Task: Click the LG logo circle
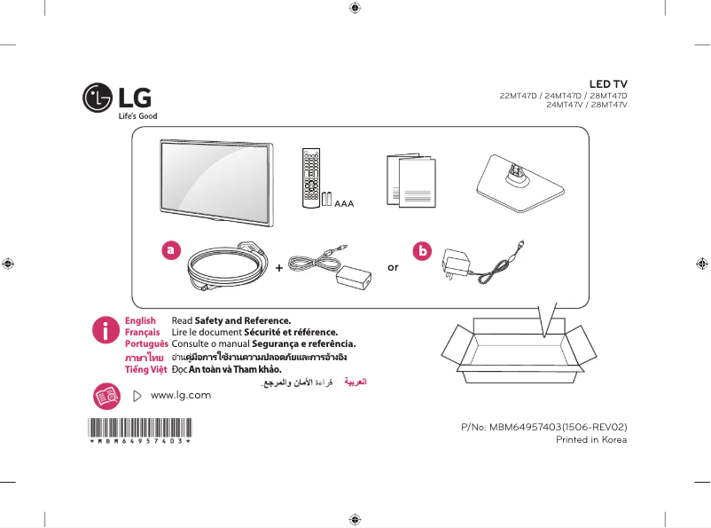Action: click(x=97, y=99)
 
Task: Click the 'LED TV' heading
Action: click(x=608, y=84)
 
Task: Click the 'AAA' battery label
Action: click(x=344, y=203)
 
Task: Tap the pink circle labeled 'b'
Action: click(x=422, y=251)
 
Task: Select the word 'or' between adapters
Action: click(x=394, y=266)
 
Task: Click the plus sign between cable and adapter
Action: click(x=279, y=266)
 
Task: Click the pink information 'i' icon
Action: click(x=105, y=331)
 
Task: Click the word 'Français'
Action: click(x=142, y=332)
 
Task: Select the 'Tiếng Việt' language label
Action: click(x=145, y=368)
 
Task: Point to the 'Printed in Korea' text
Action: click(x=590, y=439)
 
